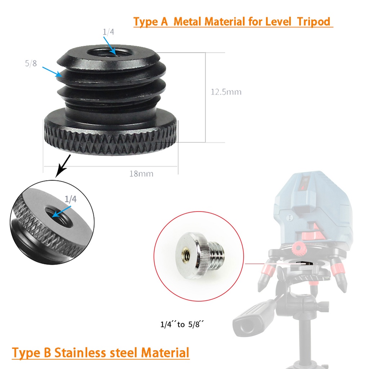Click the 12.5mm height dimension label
(x=226, y=92)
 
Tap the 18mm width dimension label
(x=141, y=174)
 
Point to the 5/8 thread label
(x=31, y=63)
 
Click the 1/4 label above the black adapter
(x=108, y=32)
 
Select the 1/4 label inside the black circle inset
(x=70, y=199)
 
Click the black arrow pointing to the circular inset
(x=63, y=166)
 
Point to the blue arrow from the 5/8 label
(x=52, y=72)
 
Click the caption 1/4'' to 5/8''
(x=182, y=324)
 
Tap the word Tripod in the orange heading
(x=314, y=22)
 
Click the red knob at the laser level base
(x=298, y=248)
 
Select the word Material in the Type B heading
(x=165, y=353)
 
